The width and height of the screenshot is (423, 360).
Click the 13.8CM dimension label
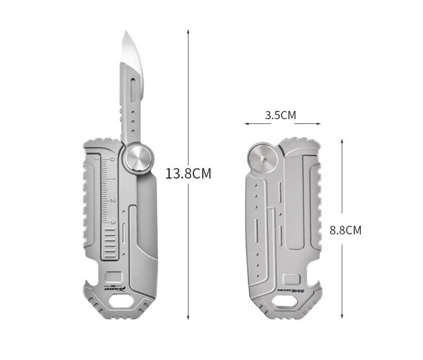coord(188,174)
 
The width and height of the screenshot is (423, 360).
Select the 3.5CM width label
coord(281,115)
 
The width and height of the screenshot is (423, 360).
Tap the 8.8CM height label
coord(346,230)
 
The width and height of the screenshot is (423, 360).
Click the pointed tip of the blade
coord(124,32)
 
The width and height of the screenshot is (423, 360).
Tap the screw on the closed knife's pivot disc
coord(262,159)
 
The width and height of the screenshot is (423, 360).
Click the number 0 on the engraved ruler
coord(113,160)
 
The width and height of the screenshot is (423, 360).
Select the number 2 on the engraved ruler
coord(113,201)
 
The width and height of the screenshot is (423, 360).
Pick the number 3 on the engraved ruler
coord(113,222)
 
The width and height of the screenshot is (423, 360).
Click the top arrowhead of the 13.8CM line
coord(188,31)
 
